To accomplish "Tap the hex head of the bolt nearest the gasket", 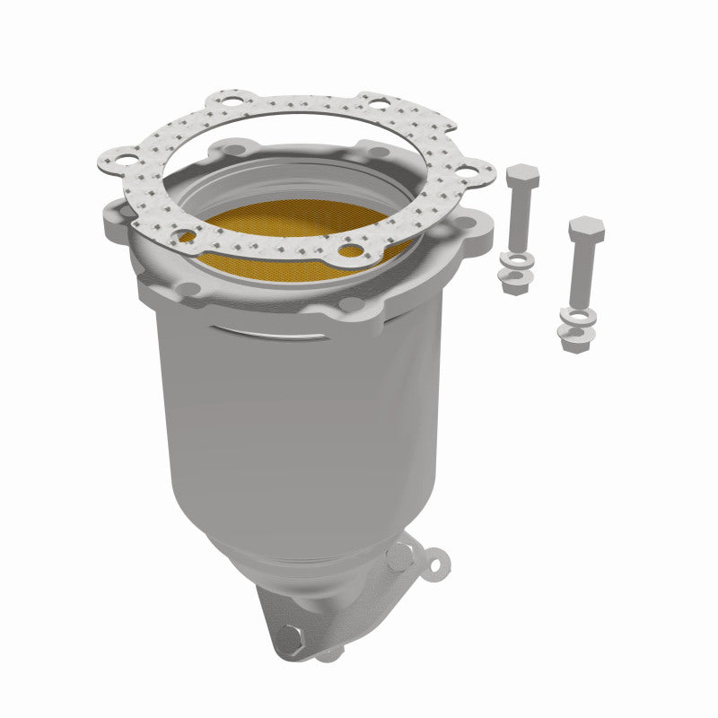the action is pyautogui.click(x=520, y=176).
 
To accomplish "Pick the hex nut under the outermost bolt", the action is pyautogui.click(x=574, y=338).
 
